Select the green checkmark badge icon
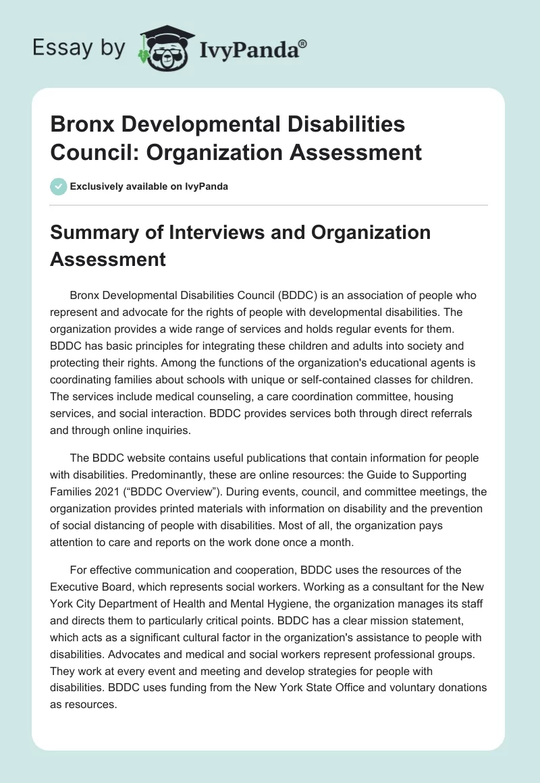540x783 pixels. (59, 186)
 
